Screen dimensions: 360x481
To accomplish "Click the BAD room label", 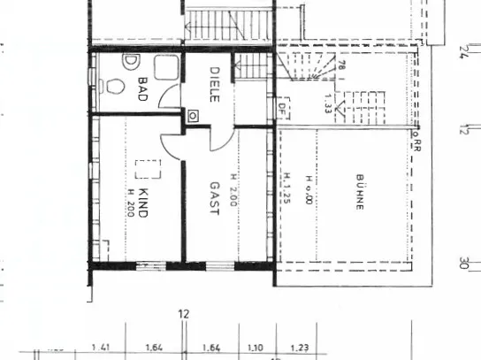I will click(141, 89).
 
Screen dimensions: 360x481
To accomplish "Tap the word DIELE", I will click(214, 84).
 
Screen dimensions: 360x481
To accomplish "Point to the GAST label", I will click(214, 197).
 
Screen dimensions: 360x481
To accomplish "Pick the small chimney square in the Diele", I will click(193, 115).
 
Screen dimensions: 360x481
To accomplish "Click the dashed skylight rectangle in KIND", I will click(147, 169).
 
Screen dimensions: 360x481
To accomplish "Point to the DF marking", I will click(282, 111).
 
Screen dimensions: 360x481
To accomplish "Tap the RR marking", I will click(416, 142).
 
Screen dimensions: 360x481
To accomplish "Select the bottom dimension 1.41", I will click(102, 349).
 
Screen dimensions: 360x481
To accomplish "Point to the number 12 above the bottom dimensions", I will click(184, 313).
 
